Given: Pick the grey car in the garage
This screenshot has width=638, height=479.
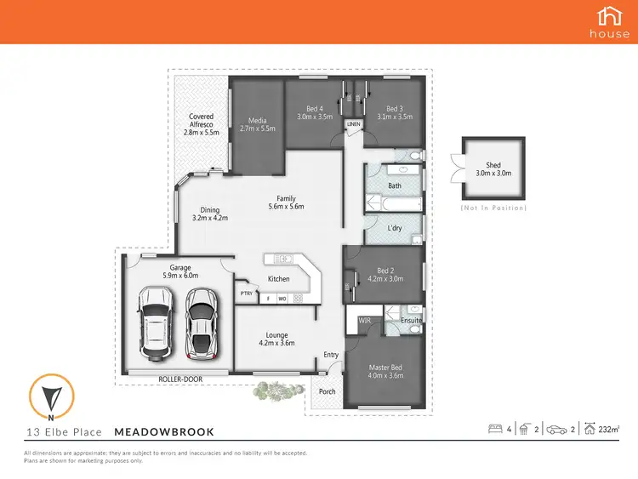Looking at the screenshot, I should click(x=200, y=322).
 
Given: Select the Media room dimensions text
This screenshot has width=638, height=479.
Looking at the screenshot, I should click(x=258, y=128).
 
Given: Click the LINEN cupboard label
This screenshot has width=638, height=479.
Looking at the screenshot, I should click(x=353, y=125).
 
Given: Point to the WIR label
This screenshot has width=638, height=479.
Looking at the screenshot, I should click(x=364, y=320).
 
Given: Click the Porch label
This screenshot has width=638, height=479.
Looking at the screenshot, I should click(x=327, y=391).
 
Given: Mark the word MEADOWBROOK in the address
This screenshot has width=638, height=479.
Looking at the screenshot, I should click(x=164, y=432).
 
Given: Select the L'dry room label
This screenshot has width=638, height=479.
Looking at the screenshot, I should click(x=395, y=228).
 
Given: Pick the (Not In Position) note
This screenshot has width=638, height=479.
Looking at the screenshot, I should click(x=493, y=208).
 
